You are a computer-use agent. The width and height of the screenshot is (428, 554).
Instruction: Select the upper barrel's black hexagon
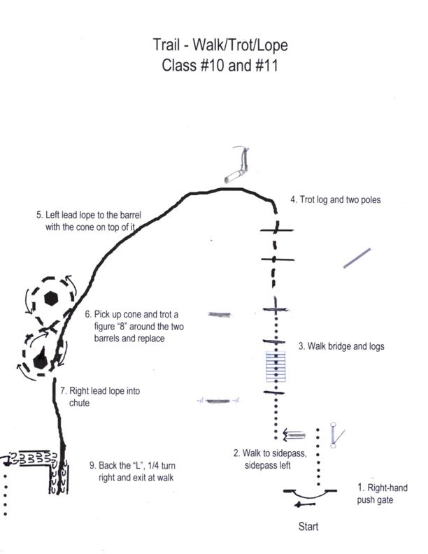coord(50,297)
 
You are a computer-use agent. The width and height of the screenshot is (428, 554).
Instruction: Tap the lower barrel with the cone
coord(40,359)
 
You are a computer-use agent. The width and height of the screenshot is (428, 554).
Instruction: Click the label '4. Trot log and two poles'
coord(335,199)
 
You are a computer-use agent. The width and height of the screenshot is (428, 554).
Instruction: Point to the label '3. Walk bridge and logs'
coord(341,346)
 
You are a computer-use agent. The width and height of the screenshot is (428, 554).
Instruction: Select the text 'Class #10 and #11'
coord(220,69)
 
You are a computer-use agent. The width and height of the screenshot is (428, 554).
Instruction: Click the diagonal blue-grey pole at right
coord(357,258)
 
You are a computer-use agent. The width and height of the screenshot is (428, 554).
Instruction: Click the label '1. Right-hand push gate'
coord(382,493)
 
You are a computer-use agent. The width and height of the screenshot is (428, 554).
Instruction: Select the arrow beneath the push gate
coord(304,504)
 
